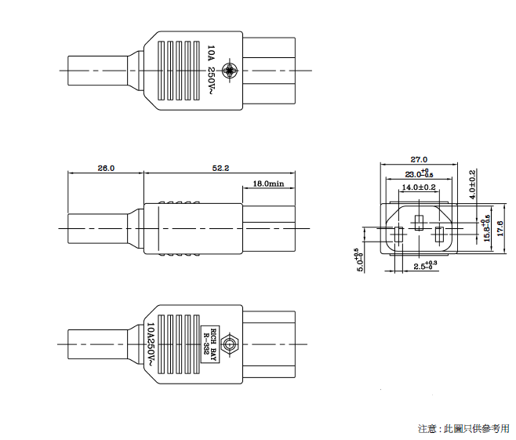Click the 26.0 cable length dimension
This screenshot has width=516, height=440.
coord(106,168)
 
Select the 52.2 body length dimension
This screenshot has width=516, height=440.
coord(220,168)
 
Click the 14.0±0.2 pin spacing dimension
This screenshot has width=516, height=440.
coord(419,188)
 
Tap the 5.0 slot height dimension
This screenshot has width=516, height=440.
coord(358,260)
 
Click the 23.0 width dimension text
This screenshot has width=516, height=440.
coord(418,173)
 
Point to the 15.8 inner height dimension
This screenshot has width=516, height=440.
coord(486,228)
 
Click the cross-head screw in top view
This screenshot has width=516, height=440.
coord(230,70)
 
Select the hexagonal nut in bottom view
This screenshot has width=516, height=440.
coord(229,344)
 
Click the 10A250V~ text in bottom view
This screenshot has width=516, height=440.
coord(151,344)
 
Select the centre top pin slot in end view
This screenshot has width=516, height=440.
coord(419,219)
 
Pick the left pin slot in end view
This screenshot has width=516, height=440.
coord(398,235)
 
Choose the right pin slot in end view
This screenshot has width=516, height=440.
coord(440,235)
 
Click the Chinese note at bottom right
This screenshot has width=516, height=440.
coord(463,428)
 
